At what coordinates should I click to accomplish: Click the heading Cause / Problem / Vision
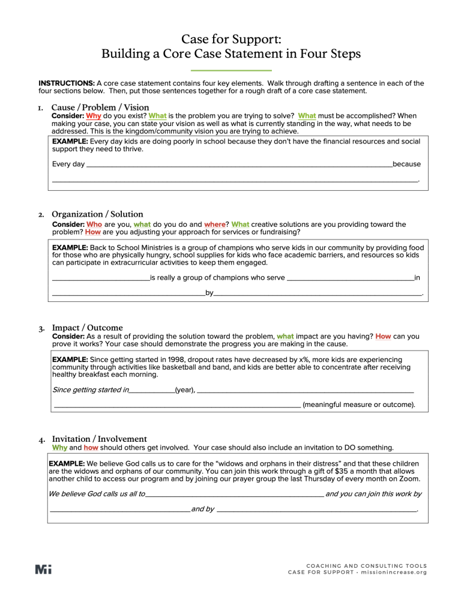pos(100,107)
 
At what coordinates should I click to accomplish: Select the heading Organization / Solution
pos(97,214)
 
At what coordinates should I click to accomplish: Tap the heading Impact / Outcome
pos(88,328)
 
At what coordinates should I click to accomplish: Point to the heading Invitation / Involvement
pos(100,439)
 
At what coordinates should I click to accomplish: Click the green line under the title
pos(230,71)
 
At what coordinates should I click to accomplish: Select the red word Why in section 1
pos(94,116)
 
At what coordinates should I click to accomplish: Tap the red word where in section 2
pos(214,224)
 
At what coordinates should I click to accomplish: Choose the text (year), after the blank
pos(184,390)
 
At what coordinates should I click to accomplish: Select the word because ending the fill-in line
pos(406,164)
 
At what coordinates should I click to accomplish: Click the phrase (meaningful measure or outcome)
pos(359,405)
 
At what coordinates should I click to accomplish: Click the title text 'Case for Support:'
pos(230,39)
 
